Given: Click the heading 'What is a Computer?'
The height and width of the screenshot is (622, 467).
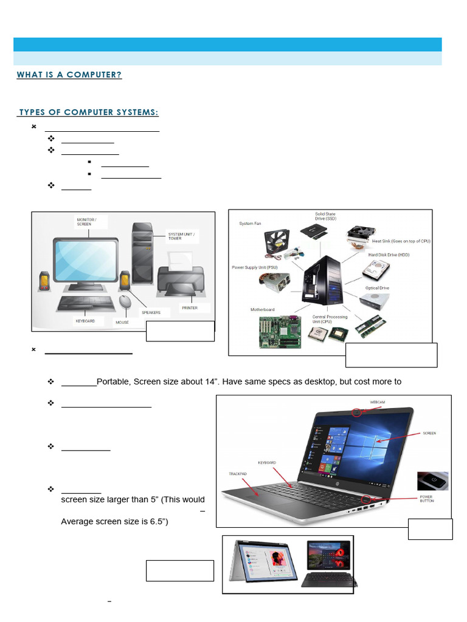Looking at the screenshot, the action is click(x=69, y=75).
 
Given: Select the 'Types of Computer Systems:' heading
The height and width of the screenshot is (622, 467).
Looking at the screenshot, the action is click(x=89, y=112).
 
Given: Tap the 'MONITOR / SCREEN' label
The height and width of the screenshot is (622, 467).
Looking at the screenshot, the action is click(x=86, y=221).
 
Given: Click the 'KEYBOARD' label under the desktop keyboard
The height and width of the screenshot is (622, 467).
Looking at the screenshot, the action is click(x=85, y=321).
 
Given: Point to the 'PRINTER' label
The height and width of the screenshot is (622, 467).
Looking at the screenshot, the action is click(x=190, y=308).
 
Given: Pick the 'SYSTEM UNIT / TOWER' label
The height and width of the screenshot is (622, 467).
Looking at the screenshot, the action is click(x=182, y=236).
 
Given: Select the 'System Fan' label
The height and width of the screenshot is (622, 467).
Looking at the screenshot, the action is click(x=251, y=224).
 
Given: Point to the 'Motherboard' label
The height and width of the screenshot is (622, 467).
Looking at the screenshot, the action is click(x=263, y=310).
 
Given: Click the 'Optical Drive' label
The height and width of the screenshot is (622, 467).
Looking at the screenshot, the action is click(x=377, y=288).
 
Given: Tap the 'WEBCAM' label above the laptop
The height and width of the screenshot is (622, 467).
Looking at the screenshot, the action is click(x=378, y=402).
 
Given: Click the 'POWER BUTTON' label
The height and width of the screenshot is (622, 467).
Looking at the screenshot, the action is click(x=426, y=499).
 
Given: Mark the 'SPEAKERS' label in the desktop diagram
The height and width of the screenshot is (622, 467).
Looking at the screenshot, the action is click(x=150, y=312).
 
